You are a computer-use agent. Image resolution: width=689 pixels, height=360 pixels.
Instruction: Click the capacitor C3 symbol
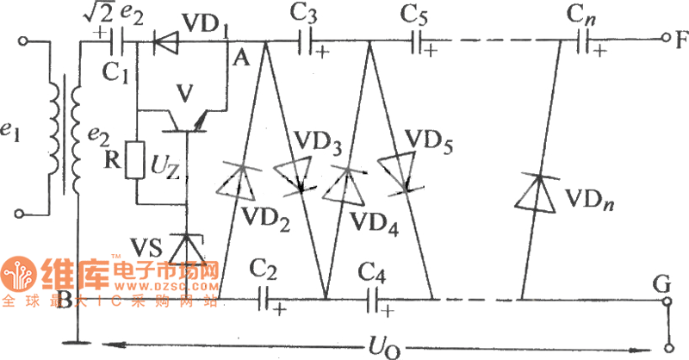pos(306,40)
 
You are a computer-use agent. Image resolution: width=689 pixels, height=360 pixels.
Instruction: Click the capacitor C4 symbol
pos(376,299)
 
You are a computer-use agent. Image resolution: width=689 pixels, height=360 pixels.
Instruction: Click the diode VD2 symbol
pos(239,181)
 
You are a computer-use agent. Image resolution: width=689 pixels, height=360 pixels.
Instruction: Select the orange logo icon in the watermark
pos(16,274)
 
